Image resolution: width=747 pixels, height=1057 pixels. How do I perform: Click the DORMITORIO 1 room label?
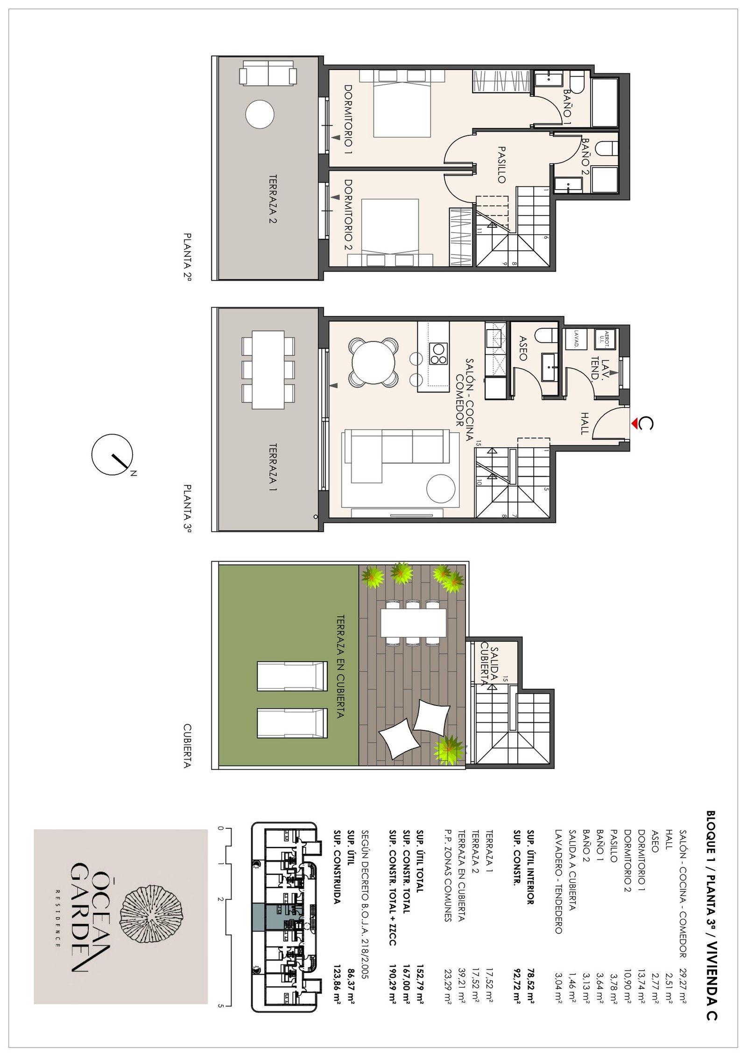coord(348,120)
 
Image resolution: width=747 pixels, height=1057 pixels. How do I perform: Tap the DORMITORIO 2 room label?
coord(348,215)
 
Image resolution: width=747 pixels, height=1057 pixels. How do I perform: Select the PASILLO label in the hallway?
coord(501,165)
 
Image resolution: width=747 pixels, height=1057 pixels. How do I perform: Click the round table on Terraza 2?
coord(260,114)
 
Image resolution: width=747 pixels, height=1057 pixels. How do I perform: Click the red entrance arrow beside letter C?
coord(635,423)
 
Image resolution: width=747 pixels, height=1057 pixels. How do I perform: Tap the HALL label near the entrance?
coord(584,423)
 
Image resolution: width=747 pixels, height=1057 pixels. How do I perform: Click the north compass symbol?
coord(112,455)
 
